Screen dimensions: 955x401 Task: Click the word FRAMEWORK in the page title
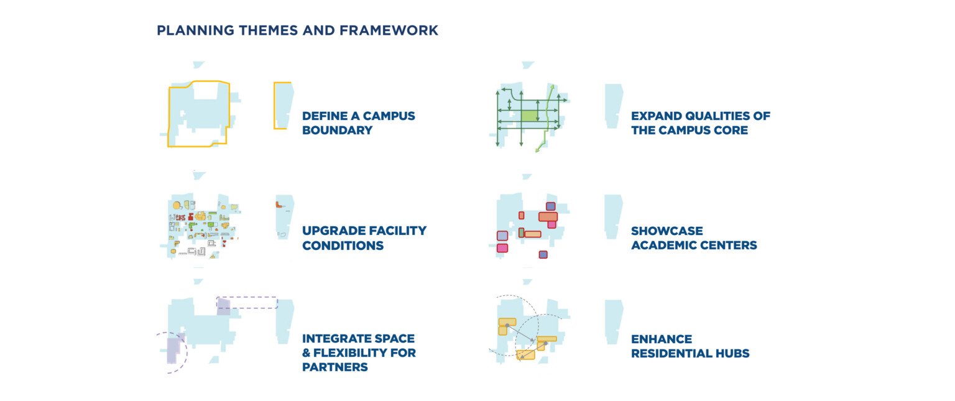pos(389,30)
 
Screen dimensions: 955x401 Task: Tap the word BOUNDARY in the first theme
pos(337,131)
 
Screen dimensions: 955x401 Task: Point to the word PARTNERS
pos(334,367)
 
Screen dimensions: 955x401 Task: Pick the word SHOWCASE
pos(667,231)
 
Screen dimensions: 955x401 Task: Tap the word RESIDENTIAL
pos(670,354)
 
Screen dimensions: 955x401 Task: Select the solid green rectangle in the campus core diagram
pos(529,116)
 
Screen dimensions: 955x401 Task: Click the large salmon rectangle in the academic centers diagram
pos(548,216)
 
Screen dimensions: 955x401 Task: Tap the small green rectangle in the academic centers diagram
pos(521,233)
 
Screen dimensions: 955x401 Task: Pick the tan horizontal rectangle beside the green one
pos(533,234)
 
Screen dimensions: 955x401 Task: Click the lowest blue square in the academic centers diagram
pos(543,255)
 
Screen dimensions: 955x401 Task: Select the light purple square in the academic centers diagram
pos(502,236)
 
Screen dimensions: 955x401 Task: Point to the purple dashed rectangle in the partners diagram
pos(247,297)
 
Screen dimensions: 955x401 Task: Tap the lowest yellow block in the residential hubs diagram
pos(525,354)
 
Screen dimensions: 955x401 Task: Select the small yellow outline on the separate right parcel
pos(275,106)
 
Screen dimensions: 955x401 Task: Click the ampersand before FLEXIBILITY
pos(307,353)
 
